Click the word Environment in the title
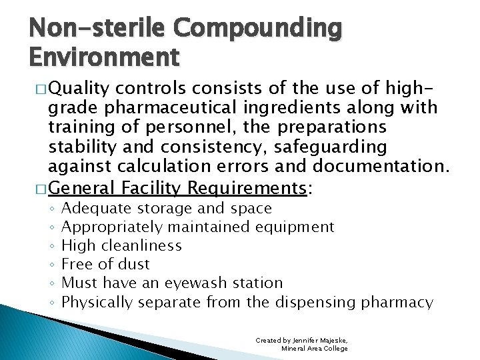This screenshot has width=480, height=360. (105, 58)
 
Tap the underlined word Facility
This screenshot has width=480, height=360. (151, 189)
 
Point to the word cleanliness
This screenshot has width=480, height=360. (142, 246)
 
